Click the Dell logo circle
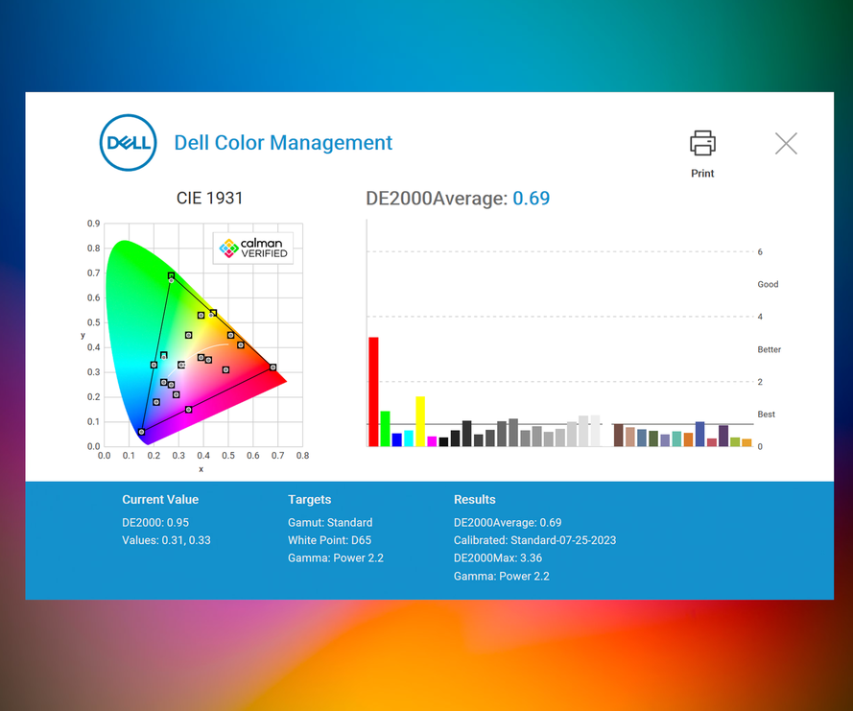tap(128, 143)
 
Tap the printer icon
tap(702, 143)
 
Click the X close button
tap(786, 144)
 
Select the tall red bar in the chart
tap(373, 391)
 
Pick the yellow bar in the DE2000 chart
tap(420, 421)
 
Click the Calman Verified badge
tap(253, 249)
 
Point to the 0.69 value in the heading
tap(531, 198)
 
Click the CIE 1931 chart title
tap(209, 198)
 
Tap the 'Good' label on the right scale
tap(768, 284)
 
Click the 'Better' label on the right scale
tap(769, 349)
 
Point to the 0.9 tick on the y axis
tap(94, 223)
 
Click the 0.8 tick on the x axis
tap(302, 456)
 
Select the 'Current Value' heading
tap(160, 499)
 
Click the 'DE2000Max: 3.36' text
tap(498, 558)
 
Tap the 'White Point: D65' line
tap(330, 540)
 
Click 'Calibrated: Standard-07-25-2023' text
tap(534, 540)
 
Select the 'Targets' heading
tap(310, 500)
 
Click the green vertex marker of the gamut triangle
tap(171, 275)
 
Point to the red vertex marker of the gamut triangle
tap(273, 367)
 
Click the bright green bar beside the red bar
tap(385, 429)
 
